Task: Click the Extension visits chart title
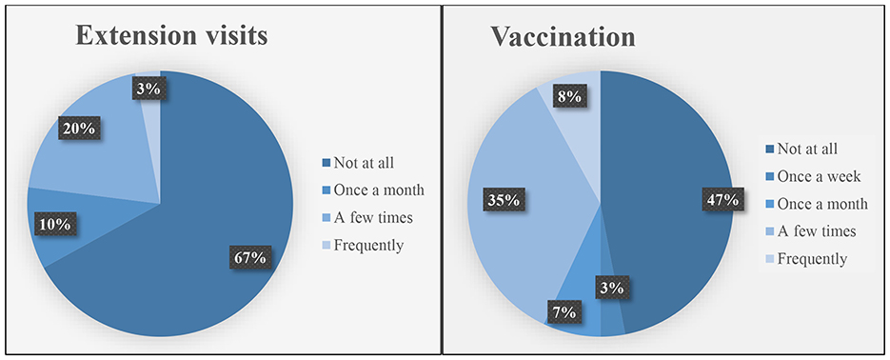[x=170, y=36]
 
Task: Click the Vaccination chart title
[x=563, y=37]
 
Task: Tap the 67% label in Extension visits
[x=249, y=257]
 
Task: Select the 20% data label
[x=79, y=129]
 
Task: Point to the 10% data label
[x=55, y=225]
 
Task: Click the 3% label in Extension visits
[x=149, y=90]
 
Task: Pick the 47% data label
[x=723, y=200]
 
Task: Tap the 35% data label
[x=504, y=200]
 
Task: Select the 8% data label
[x=569, y=96]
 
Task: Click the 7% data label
[x=565, y=311]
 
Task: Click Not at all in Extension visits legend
[x=364, y=163]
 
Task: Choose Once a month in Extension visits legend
[x=379, y=190]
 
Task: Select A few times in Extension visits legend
[x=373, y=217]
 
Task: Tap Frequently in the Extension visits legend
[x=368, y=246]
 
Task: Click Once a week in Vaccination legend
[x=819, y=176]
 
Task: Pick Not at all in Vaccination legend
[x=807, y=150]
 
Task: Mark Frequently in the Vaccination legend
[x=812, y=259]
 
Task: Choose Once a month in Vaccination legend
[x=822, y=203]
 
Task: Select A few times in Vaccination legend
[x=816, y=230]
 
